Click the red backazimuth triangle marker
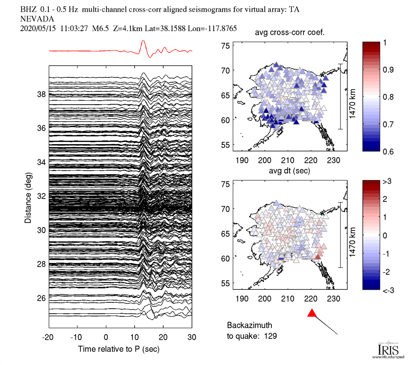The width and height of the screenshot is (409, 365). (x=312, y=313)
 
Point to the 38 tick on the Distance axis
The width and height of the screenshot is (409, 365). (x=41, y=94)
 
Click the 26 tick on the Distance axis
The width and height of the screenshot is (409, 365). (x=41, y=298)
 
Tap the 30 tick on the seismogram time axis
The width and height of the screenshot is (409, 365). (x=192, y=337)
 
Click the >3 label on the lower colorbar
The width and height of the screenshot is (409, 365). (x=388, y=182)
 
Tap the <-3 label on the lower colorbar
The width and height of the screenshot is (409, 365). (x=388, y=290)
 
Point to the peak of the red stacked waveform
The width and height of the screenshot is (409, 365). (x=143, y=41)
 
